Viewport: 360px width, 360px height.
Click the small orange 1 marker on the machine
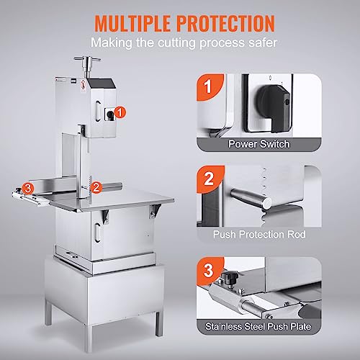pyautogui.click(x=120, y=112)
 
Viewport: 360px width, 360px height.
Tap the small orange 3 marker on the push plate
pyautogui.click(x=27, y=189)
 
